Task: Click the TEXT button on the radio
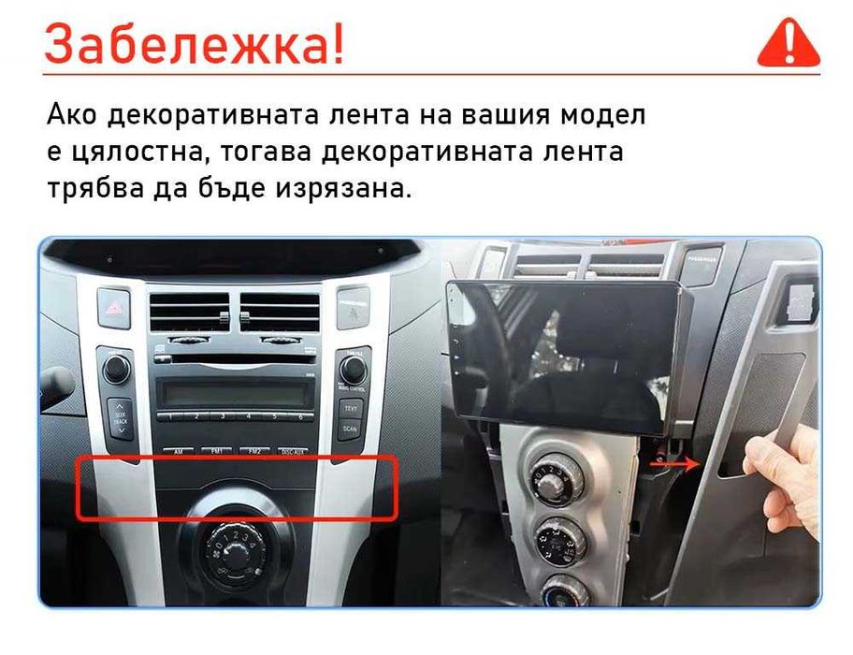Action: (351, 408)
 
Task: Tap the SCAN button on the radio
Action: (351, 430)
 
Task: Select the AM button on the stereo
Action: (177, 451)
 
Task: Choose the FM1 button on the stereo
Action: (215, 451)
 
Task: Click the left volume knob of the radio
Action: (117, 369)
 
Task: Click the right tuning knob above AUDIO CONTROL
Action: (353, 369)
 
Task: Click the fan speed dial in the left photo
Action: (234, 546)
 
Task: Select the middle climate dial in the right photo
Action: (559, 537)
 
